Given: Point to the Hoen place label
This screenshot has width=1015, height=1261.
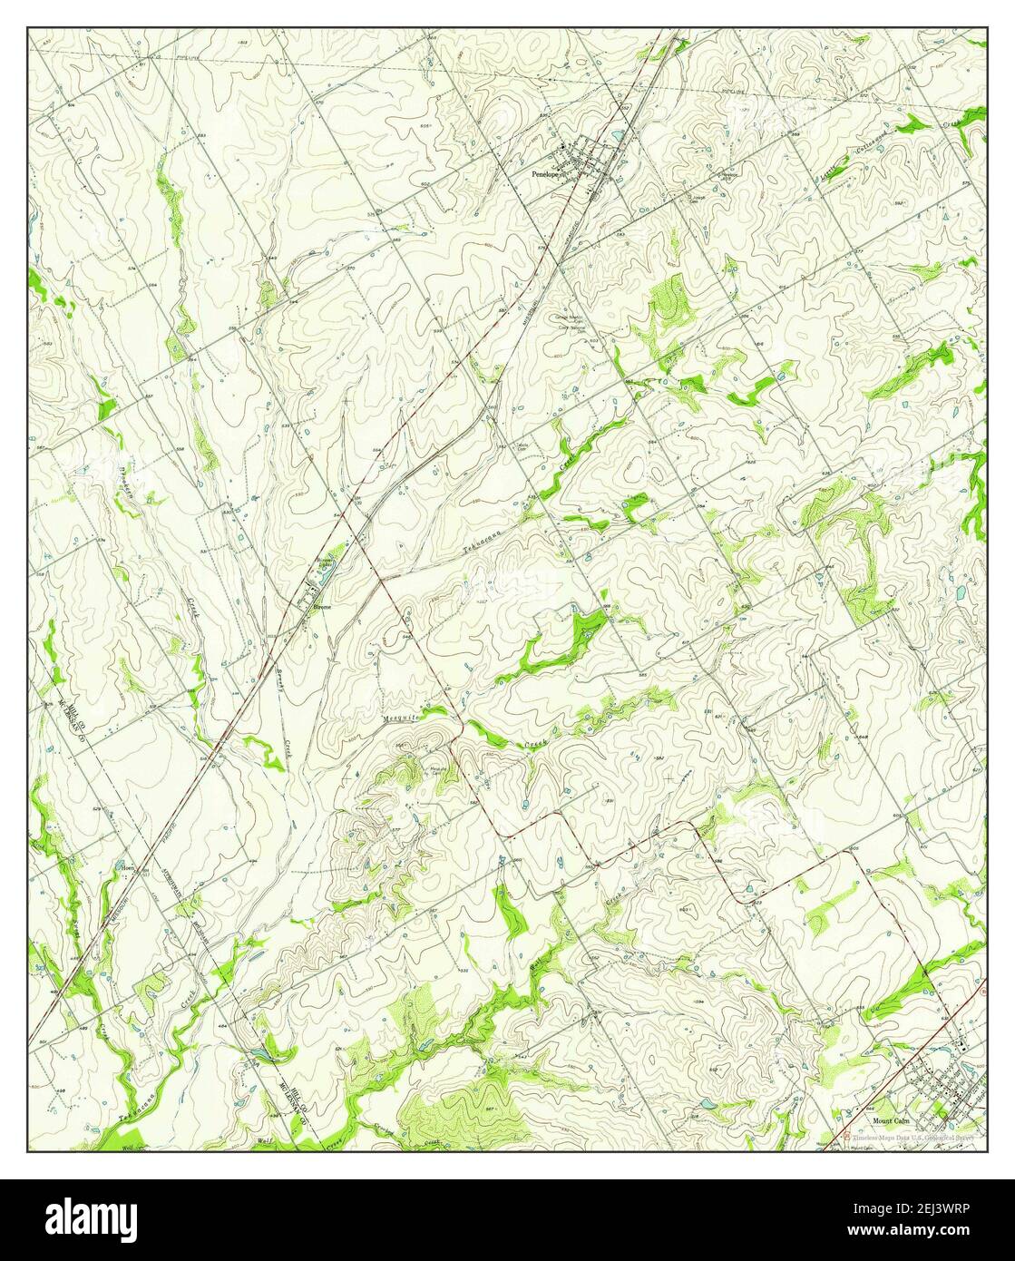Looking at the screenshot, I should pos(128,866).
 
